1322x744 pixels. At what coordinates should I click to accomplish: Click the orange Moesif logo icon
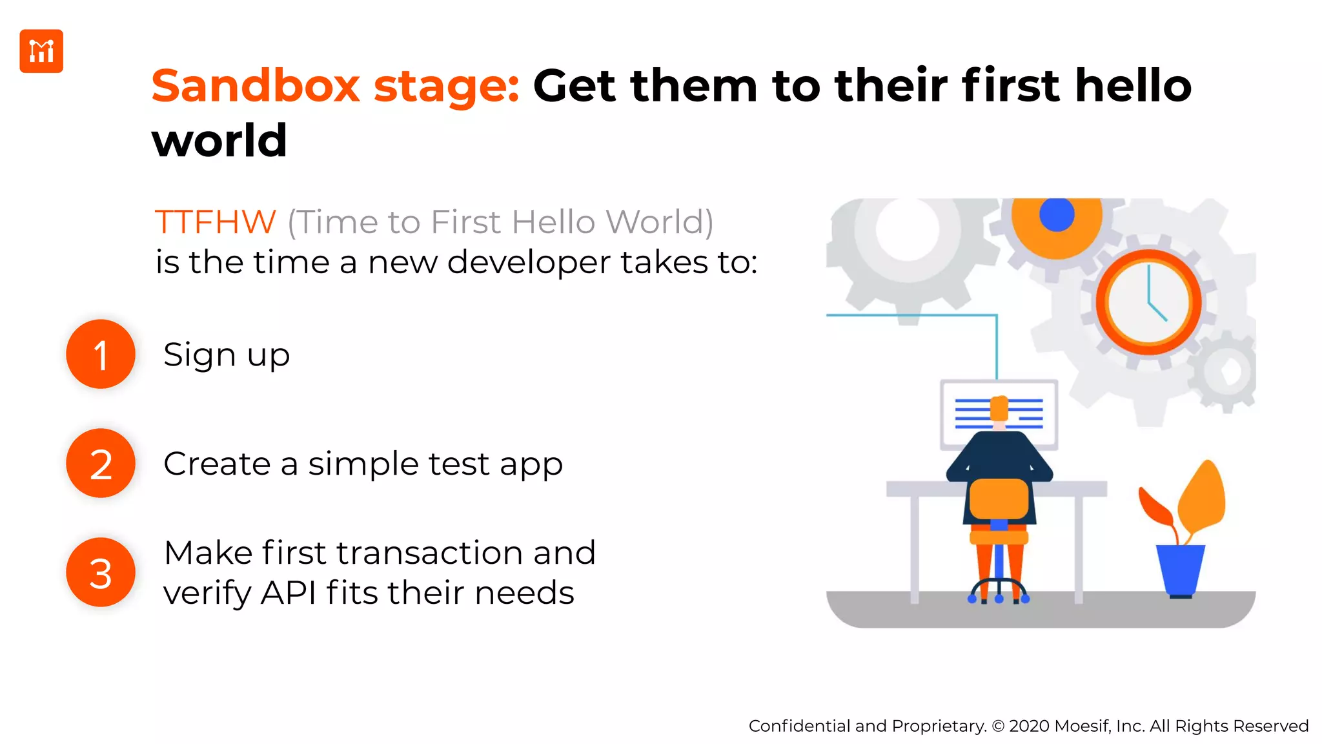(41, 51)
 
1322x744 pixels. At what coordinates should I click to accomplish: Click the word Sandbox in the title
(255, 86)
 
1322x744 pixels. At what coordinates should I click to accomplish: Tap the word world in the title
(219, 141)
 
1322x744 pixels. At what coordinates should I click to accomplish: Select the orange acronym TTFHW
(216, 222)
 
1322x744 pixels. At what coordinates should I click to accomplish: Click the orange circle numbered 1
(101, 354)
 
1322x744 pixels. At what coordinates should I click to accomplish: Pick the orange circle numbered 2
(101, 463)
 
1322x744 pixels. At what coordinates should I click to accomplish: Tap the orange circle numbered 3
(101, 572)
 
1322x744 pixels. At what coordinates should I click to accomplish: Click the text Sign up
(227, 355)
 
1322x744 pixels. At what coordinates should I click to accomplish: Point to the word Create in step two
(217, 464)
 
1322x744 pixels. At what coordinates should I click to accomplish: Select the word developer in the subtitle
(529, 262)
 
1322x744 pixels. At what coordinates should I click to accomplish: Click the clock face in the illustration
(1148, 302)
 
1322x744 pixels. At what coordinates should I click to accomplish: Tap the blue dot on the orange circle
(1057, 215)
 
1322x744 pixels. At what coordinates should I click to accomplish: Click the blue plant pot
(1180, 568)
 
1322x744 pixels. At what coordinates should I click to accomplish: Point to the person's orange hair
(999, 408)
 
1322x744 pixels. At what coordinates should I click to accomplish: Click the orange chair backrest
(999, 499)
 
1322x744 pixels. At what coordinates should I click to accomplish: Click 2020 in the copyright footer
(1029, 726)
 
